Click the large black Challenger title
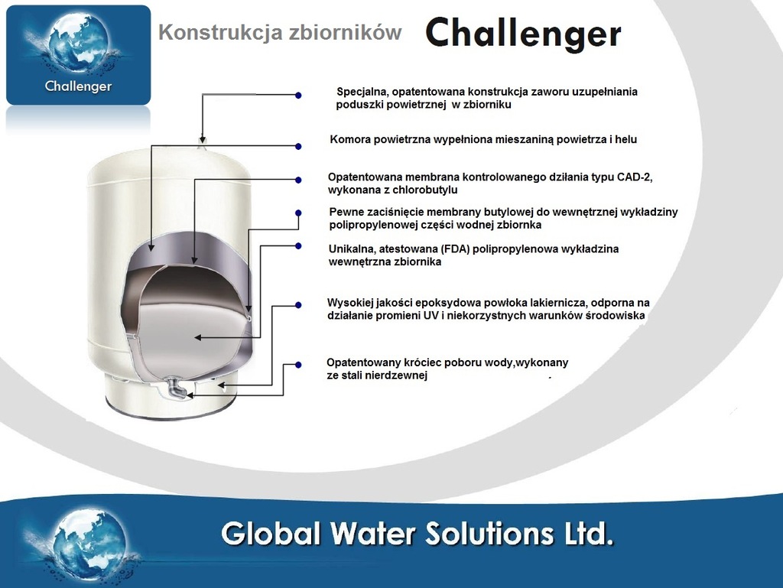(523, 34)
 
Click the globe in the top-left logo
(79, 42)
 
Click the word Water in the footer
(373, 534)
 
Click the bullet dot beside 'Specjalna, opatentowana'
(298, 95)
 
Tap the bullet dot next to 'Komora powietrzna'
(298, 146)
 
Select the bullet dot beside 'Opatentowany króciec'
(298, 365)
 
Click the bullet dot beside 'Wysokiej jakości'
(298, 305)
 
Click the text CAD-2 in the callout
(634, 177)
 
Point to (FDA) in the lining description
(456, 249)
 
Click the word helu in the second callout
(625, 139)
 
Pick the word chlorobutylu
(425, 190)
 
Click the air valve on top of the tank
(202, 143)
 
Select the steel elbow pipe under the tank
(177, 388)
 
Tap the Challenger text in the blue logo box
(79, 86)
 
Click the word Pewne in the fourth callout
(346, 212)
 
